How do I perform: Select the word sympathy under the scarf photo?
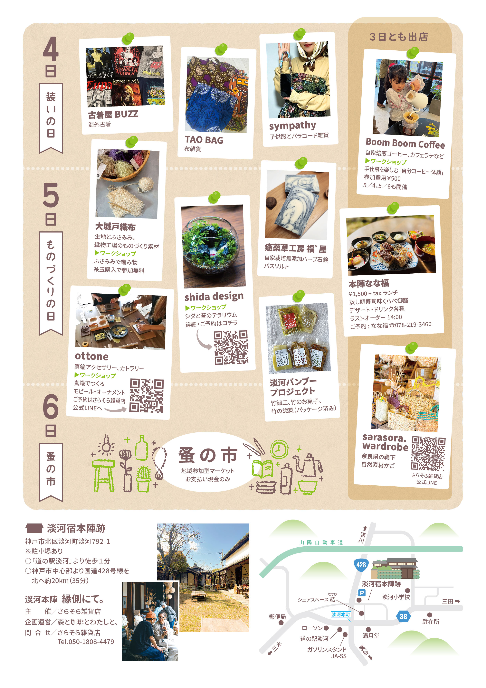click(292, 126)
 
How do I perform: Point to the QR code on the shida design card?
click(231, 347)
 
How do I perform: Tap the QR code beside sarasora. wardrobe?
click(428, 453)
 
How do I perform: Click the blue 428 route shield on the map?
click(361, 565)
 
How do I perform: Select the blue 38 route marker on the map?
click(403, 616)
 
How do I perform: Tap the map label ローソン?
click(312, 628)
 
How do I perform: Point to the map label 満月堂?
click(371, 636)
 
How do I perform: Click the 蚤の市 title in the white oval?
click(208, 455)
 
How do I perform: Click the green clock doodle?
click(279, 449)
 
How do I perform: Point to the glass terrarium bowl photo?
click(213, 246)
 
